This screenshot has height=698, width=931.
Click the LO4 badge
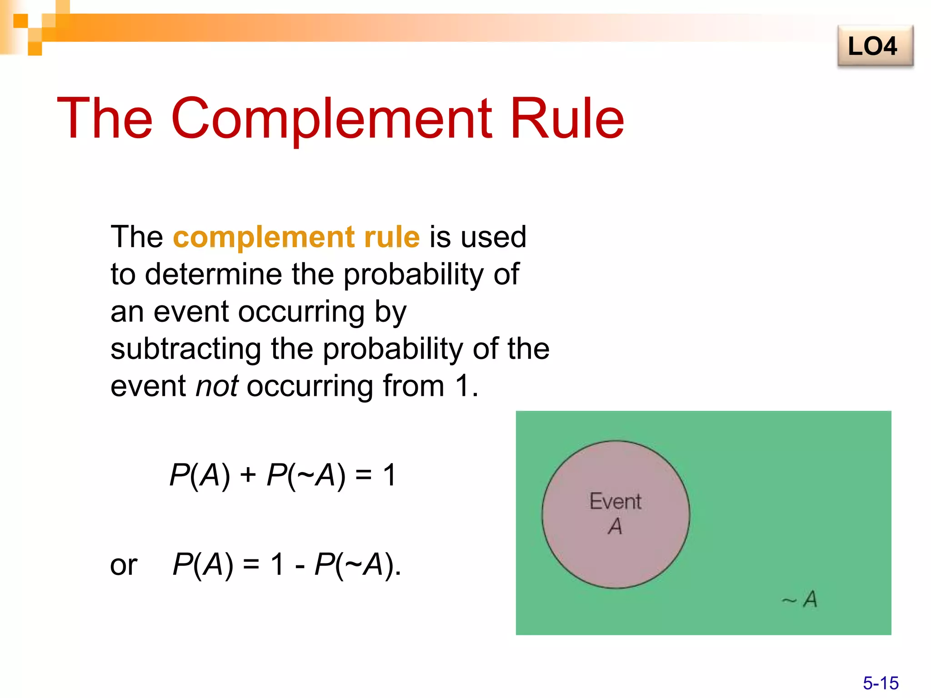click(875, 46)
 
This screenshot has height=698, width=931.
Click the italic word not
click(216, 386)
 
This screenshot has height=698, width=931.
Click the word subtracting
click(185, 349)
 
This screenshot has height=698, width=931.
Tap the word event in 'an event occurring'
click(190, 312)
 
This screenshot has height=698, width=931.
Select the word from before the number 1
click(413, 386)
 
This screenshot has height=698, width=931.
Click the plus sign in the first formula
click(248, 476)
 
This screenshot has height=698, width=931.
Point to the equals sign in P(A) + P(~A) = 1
click(363, 476)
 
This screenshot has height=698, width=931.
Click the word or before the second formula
click(124, 565)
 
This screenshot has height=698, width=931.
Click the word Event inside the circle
click(616, 502)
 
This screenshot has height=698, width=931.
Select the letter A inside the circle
click(615, 526)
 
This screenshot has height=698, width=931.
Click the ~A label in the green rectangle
click(800, 599)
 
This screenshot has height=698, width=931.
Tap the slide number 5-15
click(881, 683)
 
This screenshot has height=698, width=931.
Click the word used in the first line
click(493, 237)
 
